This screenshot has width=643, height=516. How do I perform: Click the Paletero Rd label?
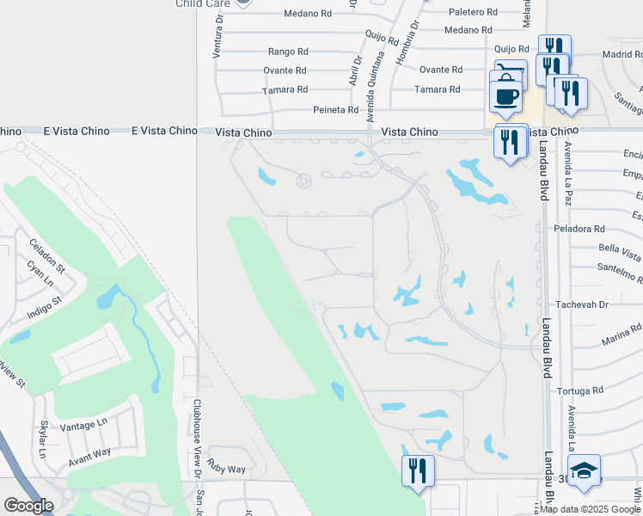475,12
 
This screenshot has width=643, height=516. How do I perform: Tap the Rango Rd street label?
287,52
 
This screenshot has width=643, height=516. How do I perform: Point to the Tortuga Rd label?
580,390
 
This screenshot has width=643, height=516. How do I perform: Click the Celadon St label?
47,255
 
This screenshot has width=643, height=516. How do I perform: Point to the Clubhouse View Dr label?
197,439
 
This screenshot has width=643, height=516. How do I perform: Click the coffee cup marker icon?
506,93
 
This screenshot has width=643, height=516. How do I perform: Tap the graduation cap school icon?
584,470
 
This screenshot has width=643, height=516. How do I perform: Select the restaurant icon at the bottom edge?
418,470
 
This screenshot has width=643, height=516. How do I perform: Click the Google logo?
28,506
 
